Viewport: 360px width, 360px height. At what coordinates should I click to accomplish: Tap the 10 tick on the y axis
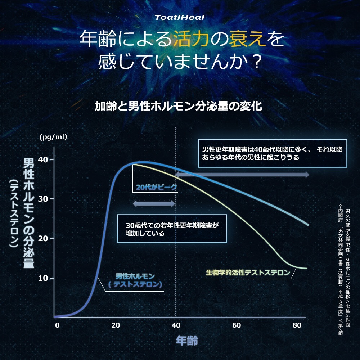pyautogui.click(x=43, y=278)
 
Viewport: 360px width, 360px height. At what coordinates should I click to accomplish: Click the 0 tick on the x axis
pyautogui.click(x=57, y=325)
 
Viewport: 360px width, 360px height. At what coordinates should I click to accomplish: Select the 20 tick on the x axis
pyautogui.click(x=116, y=325)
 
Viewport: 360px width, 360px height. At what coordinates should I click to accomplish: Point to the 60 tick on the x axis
pyautogui.click(x=236, y=325)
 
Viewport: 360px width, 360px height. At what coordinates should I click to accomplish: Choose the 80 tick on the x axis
pyautogui.click(x=297, y=325)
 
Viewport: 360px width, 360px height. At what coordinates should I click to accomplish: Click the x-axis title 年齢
pyautogui.click(x=187, y=340)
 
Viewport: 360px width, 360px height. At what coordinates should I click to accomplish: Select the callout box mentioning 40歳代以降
pyautogui.click(x=272, y=153)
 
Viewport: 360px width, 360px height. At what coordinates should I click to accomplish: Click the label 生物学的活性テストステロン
pyautogui.click(x=248, y=273)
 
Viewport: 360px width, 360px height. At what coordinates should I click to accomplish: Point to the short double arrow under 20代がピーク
pyautogui.click(x=154, y=204)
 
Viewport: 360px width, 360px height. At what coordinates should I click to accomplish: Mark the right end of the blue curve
pyautogui.click(x=308, y=225)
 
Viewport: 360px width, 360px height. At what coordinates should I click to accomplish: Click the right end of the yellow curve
pyautogui.click(x=306, y=268)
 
